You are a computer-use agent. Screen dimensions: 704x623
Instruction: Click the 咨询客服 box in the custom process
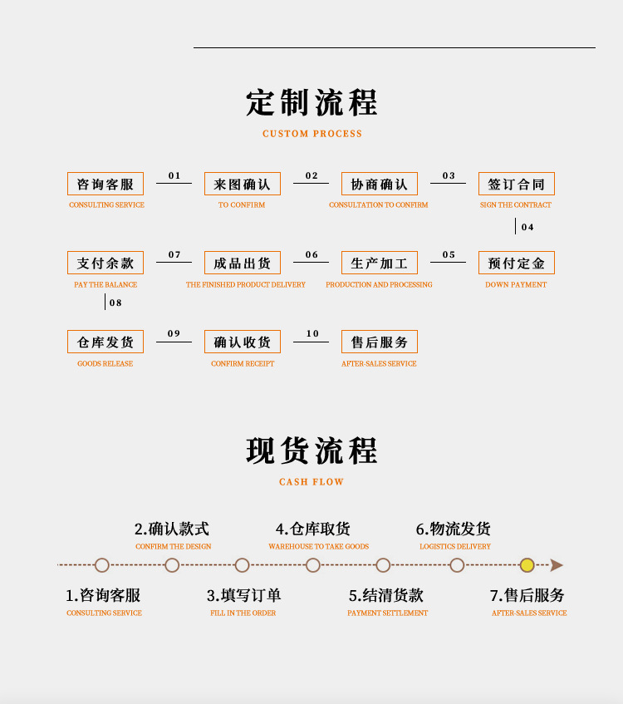(105, 184)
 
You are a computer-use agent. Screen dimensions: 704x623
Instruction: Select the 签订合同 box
(516, 184)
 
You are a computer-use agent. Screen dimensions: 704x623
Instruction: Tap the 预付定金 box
(516, 263)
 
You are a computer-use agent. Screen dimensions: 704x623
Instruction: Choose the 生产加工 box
(379, 263)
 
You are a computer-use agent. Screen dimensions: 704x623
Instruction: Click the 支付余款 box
(105, 263)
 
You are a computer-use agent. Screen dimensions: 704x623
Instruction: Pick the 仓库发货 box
(105, 342)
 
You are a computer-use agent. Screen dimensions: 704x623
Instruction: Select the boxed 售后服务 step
(379, 342)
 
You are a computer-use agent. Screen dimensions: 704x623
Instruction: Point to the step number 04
(527, 227)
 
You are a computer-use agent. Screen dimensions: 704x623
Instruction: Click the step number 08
(115, 303)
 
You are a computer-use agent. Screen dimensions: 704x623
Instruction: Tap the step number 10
(312, 334)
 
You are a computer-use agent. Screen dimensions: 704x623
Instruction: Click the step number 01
(174, 175)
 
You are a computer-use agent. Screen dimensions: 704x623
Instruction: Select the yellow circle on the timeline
(527, 565)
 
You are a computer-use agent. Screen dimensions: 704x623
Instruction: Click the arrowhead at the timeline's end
(557, 565)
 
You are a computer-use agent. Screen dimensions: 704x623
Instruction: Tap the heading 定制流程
(311, 103)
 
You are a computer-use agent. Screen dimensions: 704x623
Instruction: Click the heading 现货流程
(311, 450)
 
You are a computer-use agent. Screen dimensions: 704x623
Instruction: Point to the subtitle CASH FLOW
(311, 482)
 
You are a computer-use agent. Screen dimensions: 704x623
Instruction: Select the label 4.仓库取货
(313, 529)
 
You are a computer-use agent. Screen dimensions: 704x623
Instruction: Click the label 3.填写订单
(243, 595)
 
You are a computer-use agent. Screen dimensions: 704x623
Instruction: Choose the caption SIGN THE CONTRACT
(515, 204)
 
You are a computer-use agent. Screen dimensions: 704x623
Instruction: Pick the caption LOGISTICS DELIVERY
(454, 547)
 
